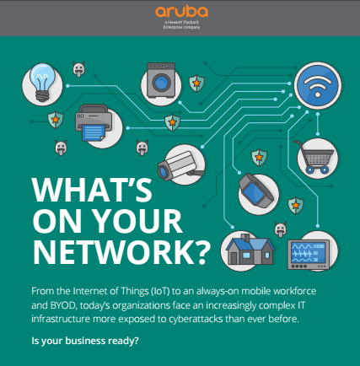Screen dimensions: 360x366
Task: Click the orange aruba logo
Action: tap(181, 11)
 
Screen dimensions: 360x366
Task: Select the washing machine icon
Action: tap(161, 80)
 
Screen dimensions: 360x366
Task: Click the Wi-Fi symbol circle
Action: tap(318, 85)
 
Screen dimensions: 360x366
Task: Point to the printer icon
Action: tap(94, 123)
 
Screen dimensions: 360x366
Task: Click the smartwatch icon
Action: tap(255, 191)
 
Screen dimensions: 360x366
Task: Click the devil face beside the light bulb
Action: tap(78, 69)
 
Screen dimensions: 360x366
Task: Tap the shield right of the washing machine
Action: tap(196, 83)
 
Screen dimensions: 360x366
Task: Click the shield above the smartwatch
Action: tap(259, 157)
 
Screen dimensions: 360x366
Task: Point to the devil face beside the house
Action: tap(281, 229)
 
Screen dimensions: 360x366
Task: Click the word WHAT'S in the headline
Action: tap(92, 189)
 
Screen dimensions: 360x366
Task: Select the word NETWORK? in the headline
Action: tap(121, 252)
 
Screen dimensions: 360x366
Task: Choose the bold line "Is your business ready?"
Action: tap(85, 341)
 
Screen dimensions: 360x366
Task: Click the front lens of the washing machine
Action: tap(161, 83)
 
